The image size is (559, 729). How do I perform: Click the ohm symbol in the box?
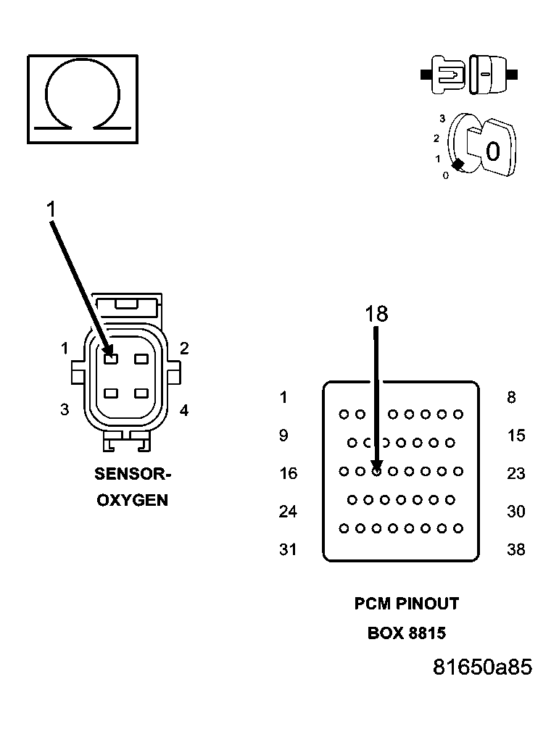point(82,99)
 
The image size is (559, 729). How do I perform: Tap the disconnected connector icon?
point(469,74)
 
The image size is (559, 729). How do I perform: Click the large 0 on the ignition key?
point(492,151)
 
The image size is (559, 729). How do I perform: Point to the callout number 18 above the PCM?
point(376,314)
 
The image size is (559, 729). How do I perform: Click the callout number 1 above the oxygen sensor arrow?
point(51,209)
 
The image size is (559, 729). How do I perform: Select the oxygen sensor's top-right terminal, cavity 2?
point(141,359)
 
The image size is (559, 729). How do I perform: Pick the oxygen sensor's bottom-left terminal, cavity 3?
point(110,393)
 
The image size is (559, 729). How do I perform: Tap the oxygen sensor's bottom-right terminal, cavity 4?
point(141,393)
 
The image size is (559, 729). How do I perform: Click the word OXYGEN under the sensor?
point(132,500)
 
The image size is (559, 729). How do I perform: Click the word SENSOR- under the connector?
point(132,475)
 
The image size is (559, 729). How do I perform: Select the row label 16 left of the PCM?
point(288,473)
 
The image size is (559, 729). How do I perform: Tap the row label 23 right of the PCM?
point(515,473)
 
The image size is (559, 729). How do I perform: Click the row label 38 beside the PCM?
point(515,549)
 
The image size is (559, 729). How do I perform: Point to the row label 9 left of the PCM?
point(283,436)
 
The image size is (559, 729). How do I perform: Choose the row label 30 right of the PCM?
point(515,512)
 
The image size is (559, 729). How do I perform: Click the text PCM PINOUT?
point(406,603)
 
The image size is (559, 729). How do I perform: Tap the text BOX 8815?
point(406,633)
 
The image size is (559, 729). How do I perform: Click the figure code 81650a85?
point(481,667)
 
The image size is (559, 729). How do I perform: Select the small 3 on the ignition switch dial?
point(442,118)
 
